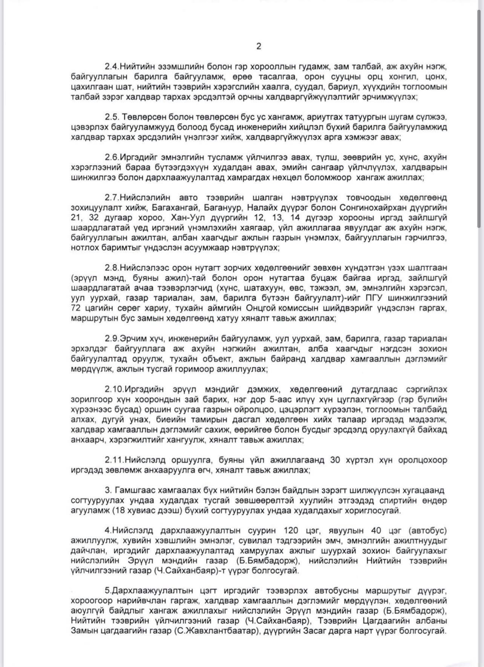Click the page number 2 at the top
tap(259, 46)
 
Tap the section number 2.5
tap(113, 116)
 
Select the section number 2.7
tap(112, 197)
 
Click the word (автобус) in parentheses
tap(425, 530)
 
